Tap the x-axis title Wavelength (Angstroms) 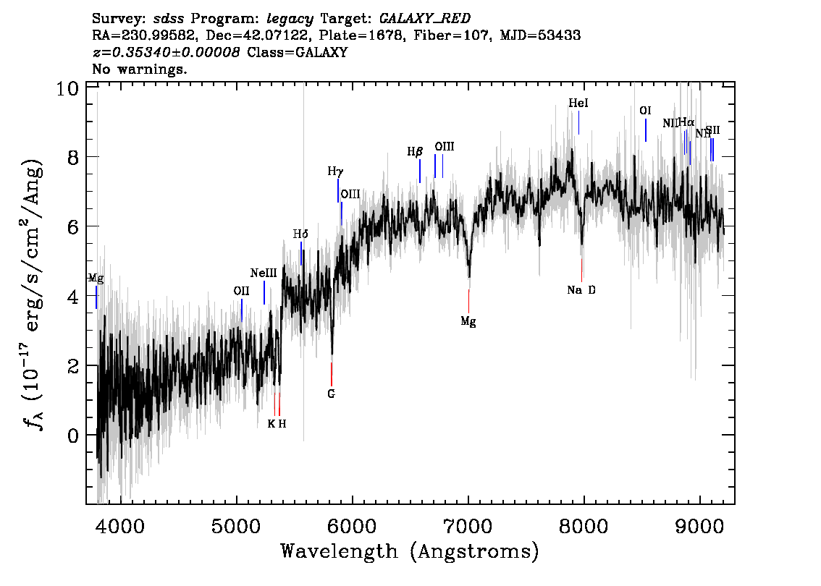410,551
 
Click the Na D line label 581,290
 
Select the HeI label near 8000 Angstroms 578,104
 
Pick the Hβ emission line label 415,152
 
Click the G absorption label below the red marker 332,394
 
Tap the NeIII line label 264,273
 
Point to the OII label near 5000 241,291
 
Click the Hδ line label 300,234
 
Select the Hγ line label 335,172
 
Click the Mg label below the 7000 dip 468,322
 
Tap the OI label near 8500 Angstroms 646,111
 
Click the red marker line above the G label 332,374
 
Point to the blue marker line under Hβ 420,171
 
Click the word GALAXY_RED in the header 416,17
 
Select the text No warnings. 140,69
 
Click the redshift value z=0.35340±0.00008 166,52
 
